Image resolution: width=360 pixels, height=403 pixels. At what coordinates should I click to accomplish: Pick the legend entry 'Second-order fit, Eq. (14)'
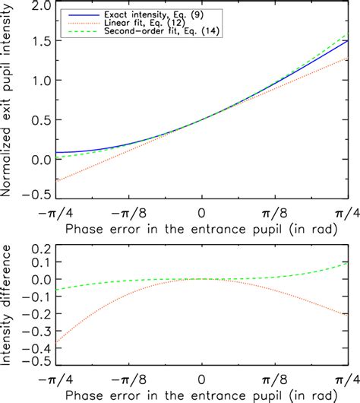144,33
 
